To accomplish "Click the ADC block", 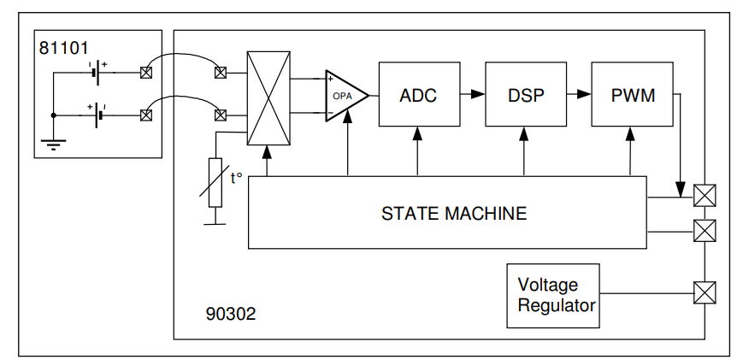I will (x=418, y=95).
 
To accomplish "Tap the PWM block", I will (x=633, y=95).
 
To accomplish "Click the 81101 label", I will (x=64, y=48).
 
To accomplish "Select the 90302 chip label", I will (x=231, y=314).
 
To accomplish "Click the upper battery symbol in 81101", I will (x=99, y=73).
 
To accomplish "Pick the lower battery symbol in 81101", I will (x=99, y=114).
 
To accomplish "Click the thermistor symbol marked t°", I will (x=215, y=182).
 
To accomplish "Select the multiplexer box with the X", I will (x=268, y=97).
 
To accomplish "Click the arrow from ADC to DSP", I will (x=469, y=94).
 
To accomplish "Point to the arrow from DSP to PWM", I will (x=578, y=94).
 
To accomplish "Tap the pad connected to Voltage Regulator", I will (x=704, y=293).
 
